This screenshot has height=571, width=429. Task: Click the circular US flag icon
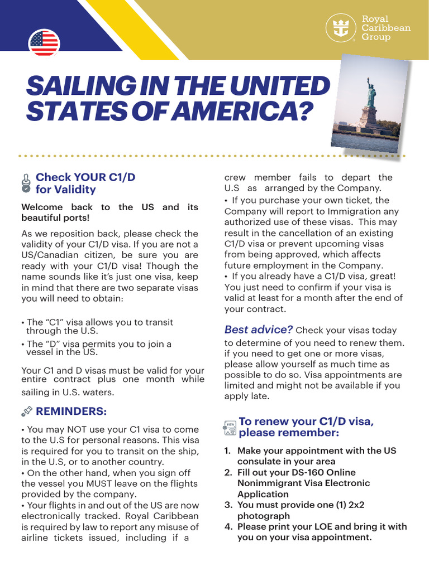point(44,43)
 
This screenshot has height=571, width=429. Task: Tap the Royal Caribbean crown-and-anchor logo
point(341,28)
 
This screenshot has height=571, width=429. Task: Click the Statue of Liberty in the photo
point(370,95)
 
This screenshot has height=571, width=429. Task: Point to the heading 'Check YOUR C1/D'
point(85,177)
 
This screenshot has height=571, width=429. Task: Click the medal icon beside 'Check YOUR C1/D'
point(26,183)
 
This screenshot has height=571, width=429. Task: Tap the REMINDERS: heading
point(71,412)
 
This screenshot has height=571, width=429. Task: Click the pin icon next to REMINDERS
point(26,412)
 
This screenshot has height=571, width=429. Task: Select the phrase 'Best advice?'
point(259,330)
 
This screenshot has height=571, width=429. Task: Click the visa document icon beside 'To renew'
point(230,428)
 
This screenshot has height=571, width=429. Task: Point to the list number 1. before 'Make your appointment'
point(228,451)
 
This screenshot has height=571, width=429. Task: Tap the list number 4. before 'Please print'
point(228,526)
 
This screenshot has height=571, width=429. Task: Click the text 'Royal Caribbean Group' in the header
point(386,28)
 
